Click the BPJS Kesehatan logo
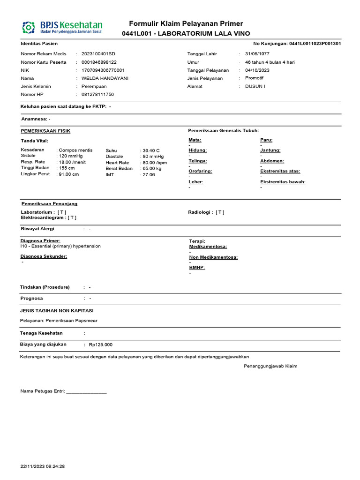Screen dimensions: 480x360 click(x=62, y=27)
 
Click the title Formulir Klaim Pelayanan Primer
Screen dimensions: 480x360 click(x=186, y=24)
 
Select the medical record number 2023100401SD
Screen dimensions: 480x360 click(x=98, y=54)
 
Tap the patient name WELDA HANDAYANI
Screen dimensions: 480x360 click(x=105, y=78)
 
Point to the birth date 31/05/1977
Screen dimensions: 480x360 click(x=257, y=54)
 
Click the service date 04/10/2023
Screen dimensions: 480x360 click(x=257, y=70)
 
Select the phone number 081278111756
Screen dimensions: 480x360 click(x=97, y=95)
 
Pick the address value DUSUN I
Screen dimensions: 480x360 click(x=255, y=86)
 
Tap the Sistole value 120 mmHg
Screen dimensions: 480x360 click(x=70, y=156)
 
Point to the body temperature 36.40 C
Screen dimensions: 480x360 click(x=151, y=150)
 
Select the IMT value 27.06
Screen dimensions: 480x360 click(x=149, y=174)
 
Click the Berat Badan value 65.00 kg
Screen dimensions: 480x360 click(x=152, y=168)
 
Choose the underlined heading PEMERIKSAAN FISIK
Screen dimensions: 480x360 click(x=45, y=131)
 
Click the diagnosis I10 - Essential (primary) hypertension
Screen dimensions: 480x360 click(x=60, y=246)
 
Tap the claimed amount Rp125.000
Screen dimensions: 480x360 click(x=100, y=345)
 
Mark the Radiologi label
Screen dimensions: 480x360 click(x=200, y=212)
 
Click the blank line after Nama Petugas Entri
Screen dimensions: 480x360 click(x=86, y=392)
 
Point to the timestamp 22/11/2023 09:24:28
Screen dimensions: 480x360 click(x=43, y=467)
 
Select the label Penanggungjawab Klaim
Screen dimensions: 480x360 click(x=270, y=366)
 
